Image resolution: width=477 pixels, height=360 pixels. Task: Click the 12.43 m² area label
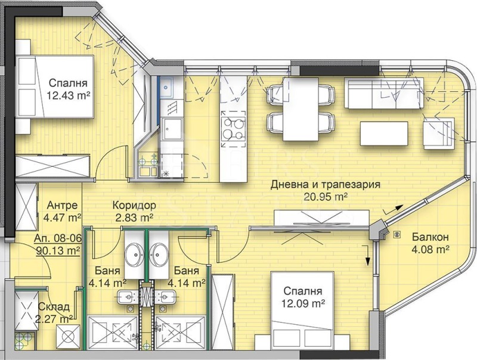pyautogui.click(x=69, y=96)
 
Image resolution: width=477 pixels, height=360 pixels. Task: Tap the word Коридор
pyautogui.click(x=134, y=205)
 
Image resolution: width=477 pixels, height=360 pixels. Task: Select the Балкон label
pyautogui.click(x=430, y=237)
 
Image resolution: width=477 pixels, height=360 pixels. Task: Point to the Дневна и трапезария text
pyautogui.click(x=326, y=184)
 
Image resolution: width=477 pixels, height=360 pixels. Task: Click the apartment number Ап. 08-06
pyautogui.click(x=58, y=238)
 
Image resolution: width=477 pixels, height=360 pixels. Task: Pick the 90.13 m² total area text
pyautogui.click(x=58, y=250)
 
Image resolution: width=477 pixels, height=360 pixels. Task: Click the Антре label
pyautogui.click(x=62, y=205)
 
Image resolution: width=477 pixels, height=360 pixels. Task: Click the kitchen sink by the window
pyautogui.click(x=166, y=87)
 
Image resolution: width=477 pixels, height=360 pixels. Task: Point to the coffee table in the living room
pyautogui.click(x=384, y=134)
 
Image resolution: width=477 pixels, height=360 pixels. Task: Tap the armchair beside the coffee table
pyautogui.click(x=438, y=134)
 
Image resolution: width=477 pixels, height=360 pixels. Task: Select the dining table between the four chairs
pyautogui.click(x=301, y=110)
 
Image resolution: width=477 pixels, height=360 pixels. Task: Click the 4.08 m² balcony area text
pyautogui.click(x=430, y=250)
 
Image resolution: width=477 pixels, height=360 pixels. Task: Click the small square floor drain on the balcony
pyautogui.click(x=397, y=234)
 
